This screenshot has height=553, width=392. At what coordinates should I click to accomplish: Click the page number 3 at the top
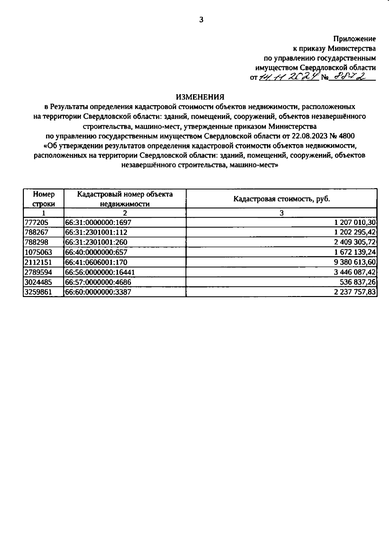[201, 20]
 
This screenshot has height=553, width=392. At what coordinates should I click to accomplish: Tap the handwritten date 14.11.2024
[289, 77]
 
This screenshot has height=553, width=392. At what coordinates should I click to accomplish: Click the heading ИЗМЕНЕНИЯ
[200, 97]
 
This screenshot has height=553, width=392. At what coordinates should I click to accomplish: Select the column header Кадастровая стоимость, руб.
[282, 199]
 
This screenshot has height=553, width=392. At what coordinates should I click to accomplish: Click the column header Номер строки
[44, 199]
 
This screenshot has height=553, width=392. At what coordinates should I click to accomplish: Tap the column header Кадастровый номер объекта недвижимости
[125, 199]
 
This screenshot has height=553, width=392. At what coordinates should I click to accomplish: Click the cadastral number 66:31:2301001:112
[96, 232]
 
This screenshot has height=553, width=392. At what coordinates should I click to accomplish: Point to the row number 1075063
[38, 252]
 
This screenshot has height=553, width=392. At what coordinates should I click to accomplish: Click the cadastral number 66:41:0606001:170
[96, 262]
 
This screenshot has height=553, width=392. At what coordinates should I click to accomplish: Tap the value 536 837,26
[358, 282]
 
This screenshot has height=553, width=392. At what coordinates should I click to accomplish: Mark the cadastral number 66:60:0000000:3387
[98, 292]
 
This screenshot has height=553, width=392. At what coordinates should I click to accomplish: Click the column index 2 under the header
[125, 213]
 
